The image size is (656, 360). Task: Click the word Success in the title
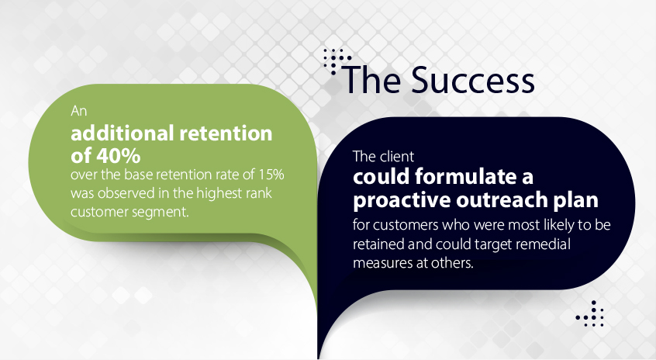[472, 80]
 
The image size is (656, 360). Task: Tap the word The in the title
[371, 80]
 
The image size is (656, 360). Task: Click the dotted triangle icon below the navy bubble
[590, 313]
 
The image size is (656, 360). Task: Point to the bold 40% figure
[119, 156]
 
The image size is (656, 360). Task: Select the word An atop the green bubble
[78, 111]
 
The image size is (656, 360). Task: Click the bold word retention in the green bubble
[226, 133]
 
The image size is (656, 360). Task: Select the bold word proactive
[401, 200]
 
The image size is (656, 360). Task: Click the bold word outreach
[502, 199]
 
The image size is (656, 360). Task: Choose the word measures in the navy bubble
[379, 263]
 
